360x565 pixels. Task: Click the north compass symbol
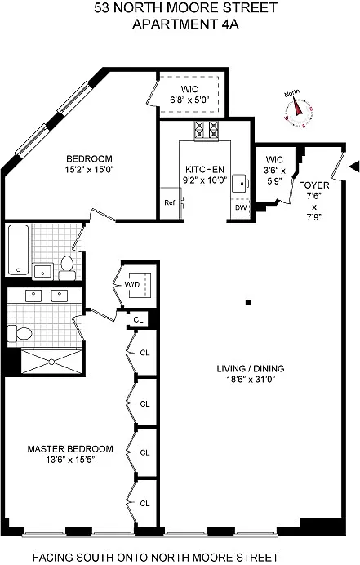click(x=299, y=109)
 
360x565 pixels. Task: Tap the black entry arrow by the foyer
click(x=354, y=167)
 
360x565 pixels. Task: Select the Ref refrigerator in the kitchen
click(x=170, y=202)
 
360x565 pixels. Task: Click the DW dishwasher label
click(x=241, y=207)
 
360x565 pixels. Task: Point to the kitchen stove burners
click(x=207, y=130)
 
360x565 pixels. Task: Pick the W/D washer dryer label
click(x=132, y=285)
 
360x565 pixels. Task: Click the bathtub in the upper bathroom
click(x=18, y=250)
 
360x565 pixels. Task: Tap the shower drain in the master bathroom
click(x=51, y=362)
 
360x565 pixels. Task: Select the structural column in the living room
click(x=248, y=303)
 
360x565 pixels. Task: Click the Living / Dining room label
click(x=251, y=368)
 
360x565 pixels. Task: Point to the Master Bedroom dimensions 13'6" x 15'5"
click(x=70, y=460)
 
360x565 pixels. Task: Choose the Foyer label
click(x=314, y=185)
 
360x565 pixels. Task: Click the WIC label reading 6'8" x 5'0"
click(x=189, y=100)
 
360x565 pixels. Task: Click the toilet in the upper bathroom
click(x=67, y=268)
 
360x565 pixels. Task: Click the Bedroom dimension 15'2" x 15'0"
click(x=89, y=170)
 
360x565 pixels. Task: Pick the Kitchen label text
click(x=205, y=169)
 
